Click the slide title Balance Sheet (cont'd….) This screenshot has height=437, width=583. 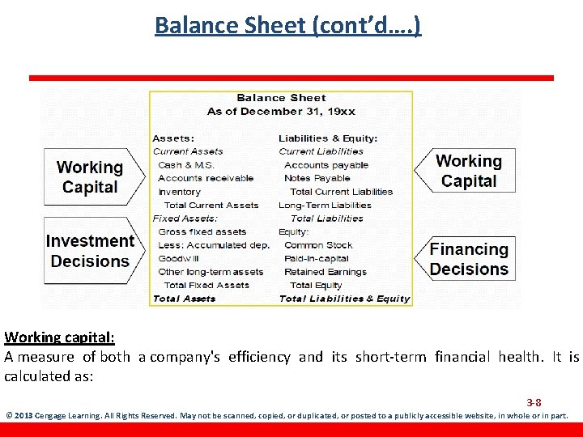click(x=287, y=25)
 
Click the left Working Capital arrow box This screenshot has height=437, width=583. click(x=89, y=177)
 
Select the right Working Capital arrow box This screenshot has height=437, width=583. click(x=468, y=172)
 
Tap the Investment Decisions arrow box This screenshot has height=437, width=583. click(x=89, y=251)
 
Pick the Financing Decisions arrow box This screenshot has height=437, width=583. click(x=468, y=259)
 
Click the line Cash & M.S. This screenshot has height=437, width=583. click(x=186, y=165)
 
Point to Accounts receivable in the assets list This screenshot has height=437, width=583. click(x=206, y=178)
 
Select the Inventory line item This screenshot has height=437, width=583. click(x=179, y=192)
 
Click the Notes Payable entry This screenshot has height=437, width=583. click(x=317, y=178)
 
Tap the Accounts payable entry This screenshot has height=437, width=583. click(x=326, y=165)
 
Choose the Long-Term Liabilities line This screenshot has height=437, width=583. click(x=325, y=206)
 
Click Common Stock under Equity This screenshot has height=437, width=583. click(x=318, y=245)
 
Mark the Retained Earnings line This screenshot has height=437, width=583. click(x=326, y=272)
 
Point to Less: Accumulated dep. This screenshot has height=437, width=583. click(x=214, y=245)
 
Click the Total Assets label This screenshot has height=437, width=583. click(x=185, y=299)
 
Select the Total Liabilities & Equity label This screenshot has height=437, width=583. click(x=344, y=299)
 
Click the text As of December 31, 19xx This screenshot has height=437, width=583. click(x=281, y=111)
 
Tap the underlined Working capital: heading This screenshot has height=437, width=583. click(x=59, y=337)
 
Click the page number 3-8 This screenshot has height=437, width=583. click(x=534, y=402)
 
